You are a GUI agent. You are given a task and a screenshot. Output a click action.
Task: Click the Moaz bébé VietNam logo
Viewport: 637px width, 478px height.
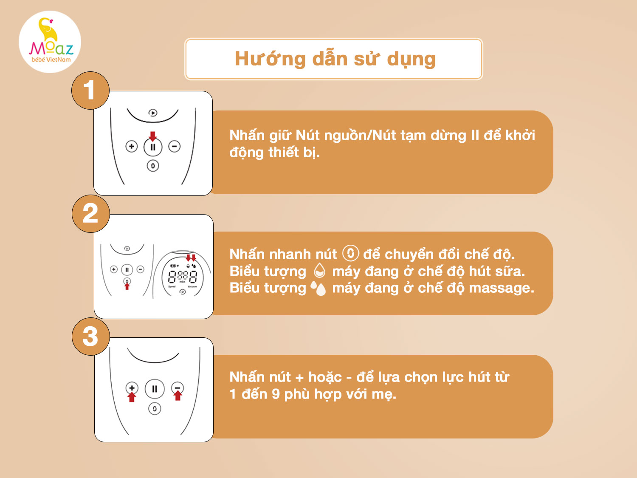click(x=50, y=42)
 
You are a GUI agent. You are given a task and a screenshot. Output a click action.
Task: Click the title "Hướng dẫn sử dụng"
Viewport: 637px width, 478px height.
click(x=335, y=59)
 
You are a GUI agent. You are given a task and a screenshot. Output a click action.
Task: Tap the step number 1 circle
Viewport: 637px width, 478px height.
click(x=90, y=91)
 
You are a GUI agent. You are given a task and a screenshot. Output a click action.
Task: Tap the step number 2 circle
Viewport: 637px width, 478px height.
click(x=91, y=214)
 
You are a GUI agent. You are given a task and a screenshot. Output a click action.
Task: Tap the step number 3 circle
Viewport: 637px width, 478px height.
click(x=91, y=337)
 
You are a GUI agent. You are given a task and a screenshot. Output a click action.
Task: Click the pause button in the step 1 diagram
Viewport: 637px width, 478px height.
click(x=153, y=147)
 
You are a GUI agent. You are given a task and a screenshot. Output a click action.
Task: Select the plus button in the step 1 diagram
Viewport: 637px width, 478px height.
click(x=132, y=146)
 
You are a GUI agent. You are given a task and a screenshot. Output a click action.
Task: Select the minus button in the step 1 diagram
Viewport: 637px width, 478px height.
click(x=175, y=146)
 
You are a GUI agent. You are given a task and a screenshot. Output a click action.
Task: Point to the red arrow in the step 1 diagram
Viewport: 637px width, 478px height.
click(x=152, y=136)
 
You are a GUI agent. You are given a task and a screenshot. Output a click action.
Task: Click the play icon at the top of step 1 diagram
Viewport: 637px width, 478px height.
click(x=153, y=113)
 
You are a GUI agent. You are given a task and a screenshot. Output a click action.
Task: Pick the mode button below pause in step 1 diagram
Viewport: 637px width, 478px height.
click(x=153, y=166)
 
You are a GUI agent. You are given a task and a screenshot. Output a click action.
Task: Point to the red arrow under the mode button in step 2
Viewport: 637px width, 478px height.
click(x=127, y=286)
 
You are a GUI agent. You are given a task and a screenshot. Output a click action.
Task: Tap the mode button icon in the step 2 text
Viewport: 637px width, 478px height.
click(x=351, y=253)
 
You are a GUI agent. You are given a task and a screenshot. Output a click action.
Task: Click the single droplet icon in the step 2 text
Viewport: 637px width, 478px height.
click(x=319, y=271)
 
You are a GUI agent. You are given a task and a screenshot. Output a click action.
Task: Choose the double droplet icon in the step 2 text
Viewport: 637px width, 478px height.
click(x=318, y=288)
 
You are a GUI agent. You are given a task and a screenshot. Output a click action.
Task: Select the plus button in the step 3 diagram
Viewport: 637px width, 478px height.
click(x=132, y=388)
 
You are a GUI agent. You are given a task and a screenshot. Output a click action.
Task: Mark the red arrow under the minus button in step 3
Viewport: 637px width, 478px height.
click(x=178, y=395)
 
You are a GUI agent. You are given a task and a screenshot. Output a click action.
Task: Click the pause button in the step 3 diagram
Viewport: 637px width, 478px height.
click(x=155, y=389)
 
